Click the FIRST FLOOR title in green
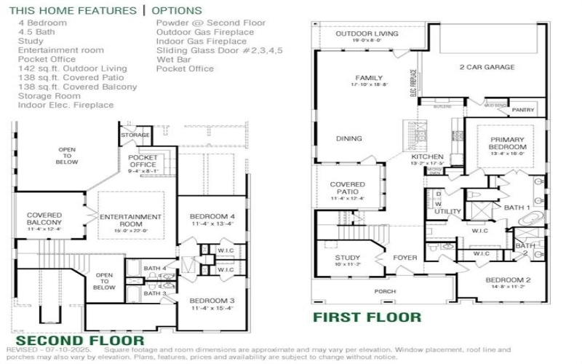[367, 317]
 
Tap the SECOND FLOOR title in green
[80, 340]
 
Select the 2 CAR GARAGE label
[487, 67]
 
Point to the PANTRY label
[522, 110]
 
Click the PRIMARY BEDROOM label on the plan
[507, 143]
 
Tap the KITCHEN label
[427, 157]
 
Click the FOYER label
[405, 257]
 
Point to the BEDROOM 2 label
[508, 280]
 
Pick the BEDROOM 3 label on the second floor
[212, 300]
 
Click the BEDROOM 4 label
[212, 217]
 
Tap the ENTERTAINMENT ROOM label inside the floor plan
[130, 221]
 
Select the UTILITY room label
[447, 212]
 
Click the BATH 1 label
[517, 207]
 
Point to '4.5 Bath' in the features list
[36, 32]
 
